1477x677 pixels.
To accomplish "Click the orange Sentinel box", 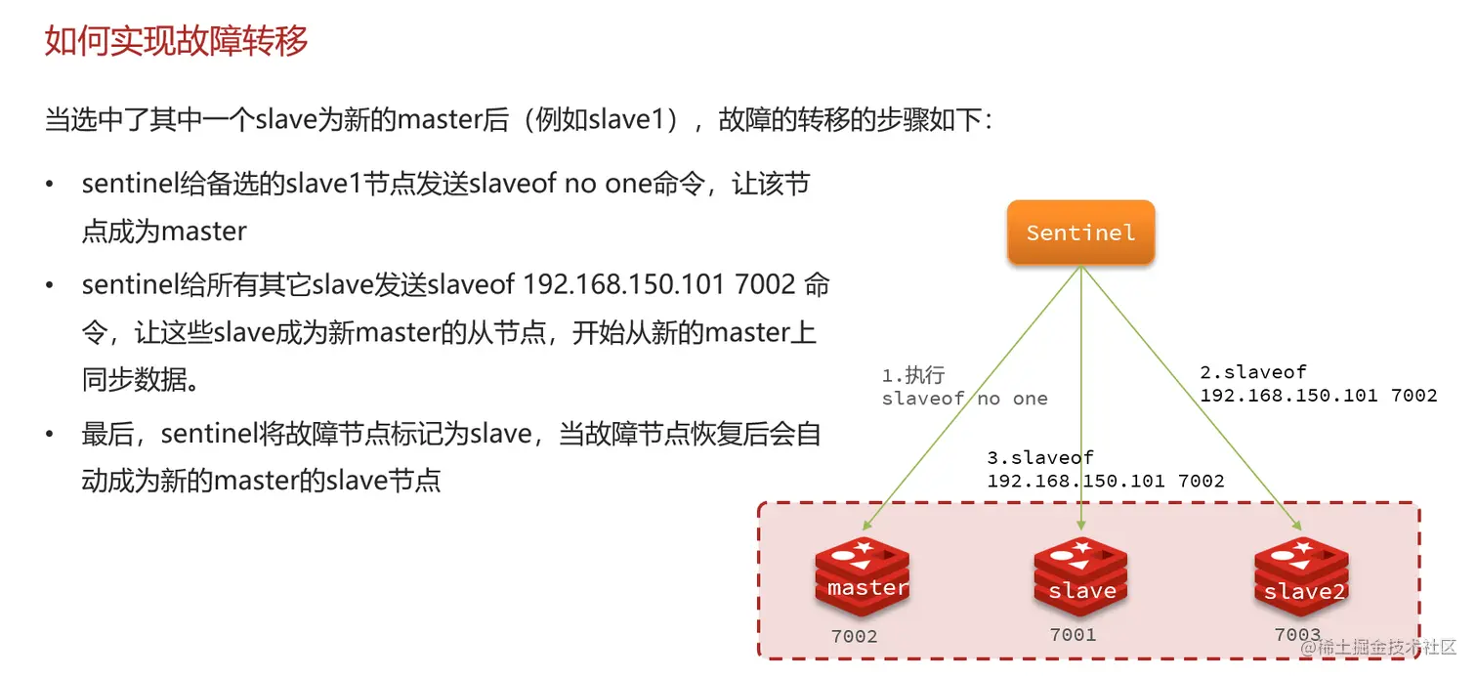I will (x=1080, y=233).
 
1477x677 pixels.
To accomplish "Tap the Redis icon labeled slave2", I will (x=1301, y=578).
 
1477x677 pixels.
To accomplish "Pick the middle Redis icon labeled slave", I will (x=1081, y=578).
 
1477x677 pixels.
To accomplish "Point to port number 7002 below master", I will (x=854, y=637).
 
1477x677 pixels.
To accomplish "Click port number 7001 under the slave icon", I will (x=1073, y=635).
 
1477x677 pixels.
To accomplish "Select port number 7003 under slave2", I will (x=1297, y=635).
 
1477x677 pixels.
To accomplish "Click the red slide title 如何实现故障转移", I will (x=177, y=41).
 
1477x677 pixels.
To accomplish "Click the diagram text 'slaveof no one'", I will (x=964, y=399).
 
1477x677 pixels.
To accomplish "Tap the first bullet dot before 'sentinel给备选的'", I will (x=50, y=185).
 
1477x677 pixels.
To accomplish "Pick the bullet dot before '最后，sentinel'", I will (x=50, y=435).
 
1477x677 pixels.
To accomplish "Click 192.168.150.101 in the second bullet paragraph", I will (x=624, y=285).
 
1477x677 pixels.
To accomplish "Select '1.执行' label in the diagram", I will (x=913, y=375).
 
